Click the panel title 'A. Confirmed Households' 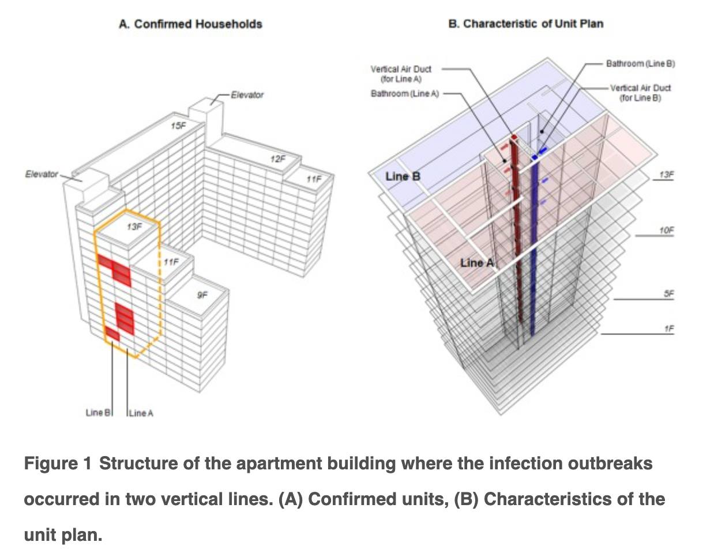point(190,24)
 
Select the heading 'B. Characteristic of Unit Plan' point(525,24)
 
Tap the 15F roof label point(179,125)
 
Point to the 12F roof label point(277,159)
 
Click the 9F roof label point(202,295)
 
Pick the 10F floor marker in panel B point(666,231)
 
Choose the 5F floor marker point(668,293)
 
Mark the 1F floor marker point(668,329)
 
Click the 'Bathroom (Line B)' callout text point(640,63)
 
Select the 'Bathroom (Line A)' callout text point(404,93)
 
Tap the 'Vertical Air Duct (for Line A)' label point(400,74)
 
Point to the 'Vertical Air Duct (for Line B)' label point(640,93)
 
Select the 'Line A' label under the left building point(141,413)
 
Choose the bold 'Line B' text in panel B point(403,176)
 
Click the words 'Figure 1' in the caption point(58,464)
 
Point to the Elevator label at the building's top point(247,95)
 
